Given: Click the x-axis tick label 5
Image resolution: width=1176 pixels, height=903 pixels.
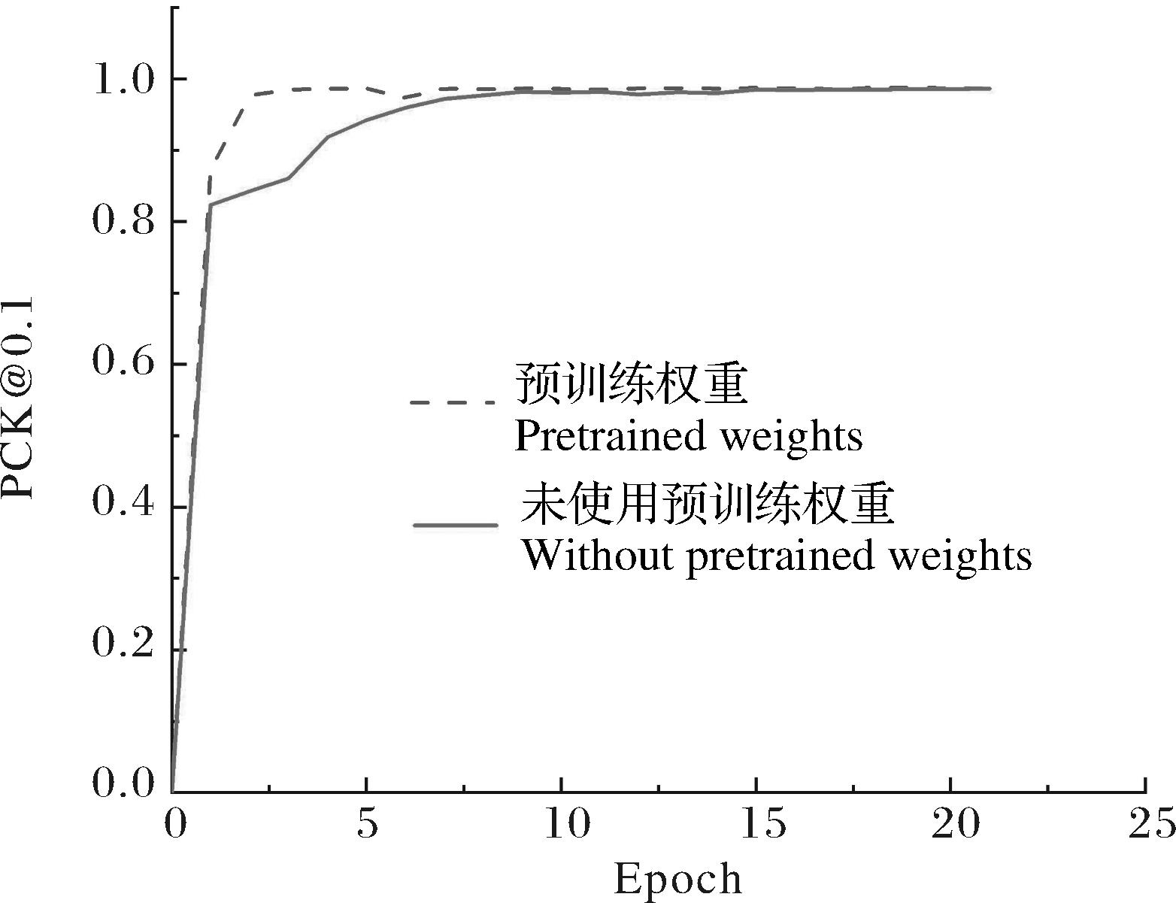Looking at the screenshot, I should click(x=367, y=824).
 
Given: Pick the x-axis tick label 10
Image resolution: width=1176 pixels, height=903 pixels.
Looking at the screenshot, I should click(x=562, y=824).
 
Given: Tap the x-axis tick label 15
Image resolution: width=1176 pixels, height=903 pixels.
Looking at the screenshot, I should click(x=756, y=824).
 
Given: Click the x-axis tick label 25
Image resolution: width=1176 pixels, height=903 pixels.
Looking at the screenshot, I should click(x=1146, y=824).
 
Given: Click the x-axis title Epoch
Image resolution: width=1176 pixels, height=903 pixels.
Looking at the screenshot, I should click(x=677, y=878).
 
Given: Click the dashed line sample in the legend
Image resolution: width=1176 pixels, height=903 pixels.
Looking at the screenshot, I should click(x=453, y=403).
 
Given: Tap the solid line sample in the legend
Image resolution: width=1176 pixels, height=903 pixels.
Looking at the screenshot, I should click(x=456, y=525).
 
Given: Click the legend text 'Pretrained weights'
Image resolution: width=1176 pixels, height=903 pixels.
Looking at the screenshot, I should click(x=688, y=436).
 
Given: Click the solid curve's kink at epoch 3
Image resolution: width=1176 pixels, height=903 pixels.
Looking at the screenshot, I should click(x=289, y=177).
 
